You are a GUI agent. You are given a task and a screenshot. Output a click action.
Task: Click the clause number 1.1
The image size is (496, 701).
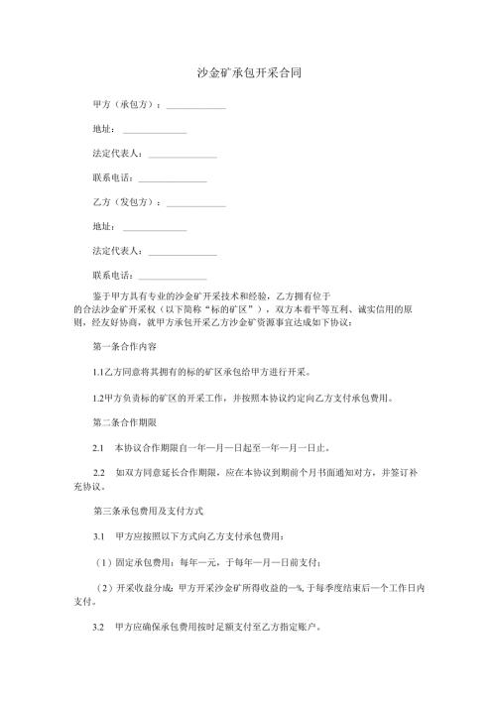(x=96, y=374)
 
